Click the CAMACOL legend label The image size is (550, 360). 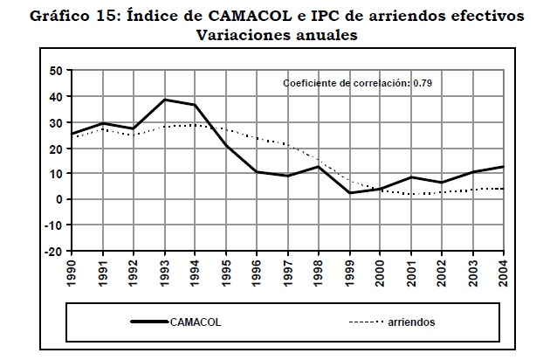tap(196, 322)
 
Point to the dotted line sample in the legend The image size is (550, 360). tap(368, 322)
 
